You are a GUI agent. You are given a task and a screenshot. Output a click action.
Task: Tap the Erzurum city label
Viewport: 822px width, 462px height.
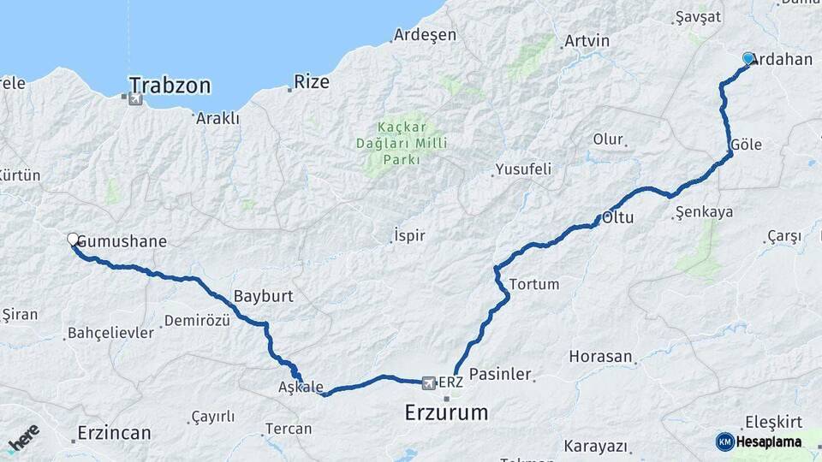[x=446, y=413]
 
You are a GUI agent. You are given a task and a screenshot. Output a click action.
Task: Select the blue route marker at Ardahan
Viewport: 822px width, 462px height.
[x=748, y=58]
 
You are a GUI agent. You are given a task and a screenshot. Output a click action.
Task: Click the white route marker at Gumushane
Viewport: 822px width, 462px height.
[x=73, y=240]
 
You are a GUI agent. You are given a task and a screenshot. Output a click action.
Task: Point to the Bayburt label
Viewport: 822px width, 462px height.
[x=263, y=296]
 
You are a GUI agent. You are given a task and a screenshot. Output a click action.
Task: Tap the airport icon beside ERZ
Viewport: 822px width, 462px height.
[x=428, y=382]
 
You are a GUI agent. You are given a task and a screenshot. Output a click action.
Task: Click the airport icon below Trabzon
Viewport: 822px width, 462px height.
[x=134, y=99]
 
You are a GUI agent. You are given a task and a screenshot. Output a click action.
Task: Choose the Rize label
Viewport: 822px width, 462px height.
[x=312, y=82]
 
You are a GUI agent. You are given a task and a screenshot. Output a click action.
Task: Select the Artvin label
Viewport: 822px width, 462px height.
[x=587, y=41]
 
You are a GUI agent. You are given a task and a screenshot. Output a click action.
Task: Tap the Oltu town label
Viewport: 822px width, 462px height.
[x=617, y=217]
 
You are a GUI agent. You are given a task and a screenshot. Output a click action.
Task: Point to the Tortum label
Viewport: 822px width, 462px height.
[x=533, y=284]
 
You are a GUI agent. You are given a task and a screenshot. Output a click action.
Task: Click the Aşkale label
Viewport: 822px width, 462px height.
[x=301, y=387]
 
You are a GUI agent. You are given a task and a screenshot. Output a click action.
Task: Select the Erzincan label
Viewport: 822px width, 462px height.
[x=114, y=432]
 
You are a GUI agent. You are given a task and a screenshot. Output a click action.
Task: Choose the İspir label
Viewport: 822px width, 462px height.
[x=408, y=235]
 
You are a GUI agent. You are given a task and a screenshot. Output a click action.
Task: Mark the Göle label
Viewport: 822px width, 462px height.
[x=747, y=145]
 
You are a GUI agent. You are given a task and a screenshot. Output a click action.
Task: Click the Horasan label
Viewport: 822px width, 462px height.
[x=600, y=356]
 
